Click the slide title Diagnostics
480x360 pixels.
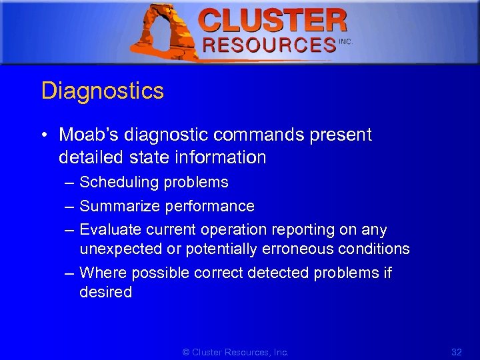102,91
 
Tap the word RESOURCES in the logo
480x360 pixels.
269,45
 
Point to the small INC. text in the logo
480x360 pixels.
345,41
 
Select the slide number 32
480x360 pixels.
456,352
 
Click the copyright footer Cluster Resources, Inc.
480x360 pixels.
235,352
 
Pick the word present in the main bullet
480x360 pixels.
341,135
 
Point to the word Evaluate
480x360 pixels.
107,229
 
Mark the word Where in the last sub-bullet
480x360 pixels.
103,273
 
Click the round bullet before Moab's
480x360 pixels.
43,135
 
